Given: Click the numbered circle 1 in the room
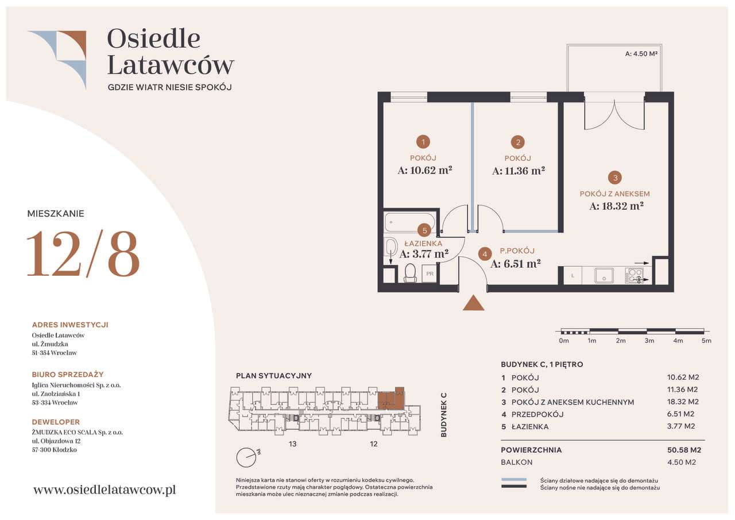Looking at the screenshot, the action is point(423,142).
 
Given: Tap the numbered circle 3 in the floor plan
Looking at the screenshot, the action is point(615,178).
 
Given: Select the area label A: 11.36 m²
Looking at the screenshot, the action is point(519,171).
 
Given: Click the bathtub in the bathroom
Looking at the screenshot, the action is point(410,222).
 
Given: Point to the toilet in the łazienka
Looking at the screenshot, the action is point(410,273).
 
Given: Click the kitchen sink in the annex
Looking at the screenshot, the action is point(604,275).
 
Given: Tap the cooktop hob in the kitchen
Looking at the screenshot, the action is point(635,275).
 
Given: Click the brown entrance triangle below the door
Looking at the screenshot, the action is point(473,303).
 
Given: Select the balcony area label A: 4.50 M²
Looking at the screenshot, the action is point(641,53).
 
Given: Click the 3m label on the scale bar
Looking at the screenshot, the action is point(649,341).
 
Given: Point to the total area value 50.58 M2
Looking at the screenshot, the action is point(684,450).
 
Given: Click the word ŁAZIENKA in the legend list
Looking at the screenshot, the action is point(530,427).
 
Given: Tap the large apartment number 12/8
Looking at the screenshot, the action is point(83,254).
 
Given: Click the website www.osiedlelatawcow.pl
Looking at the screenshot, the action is point(105,490).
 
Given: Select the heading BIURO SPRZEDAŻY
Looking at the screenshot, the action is point(68,375).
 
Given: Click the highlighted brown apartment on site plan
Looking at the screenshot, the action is point(391,399).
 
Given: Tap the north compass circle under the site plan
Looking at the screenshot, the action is point(246,457).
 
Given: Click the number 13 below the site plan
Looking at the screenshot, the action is point(292,444).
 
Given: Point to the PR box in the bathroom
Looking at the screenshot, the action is point(430,274).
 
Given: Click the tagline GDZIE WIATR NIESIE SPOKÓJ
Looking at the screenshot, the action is point(169,87).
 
